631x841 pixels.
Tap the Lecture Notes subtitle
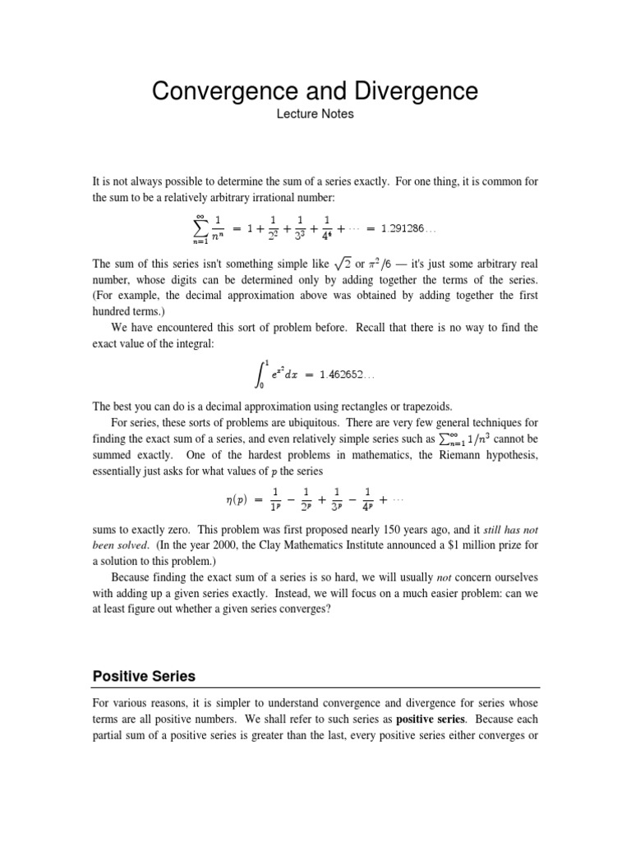coord(315,114)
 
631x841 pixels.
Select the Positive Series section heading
coord(143,677)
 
